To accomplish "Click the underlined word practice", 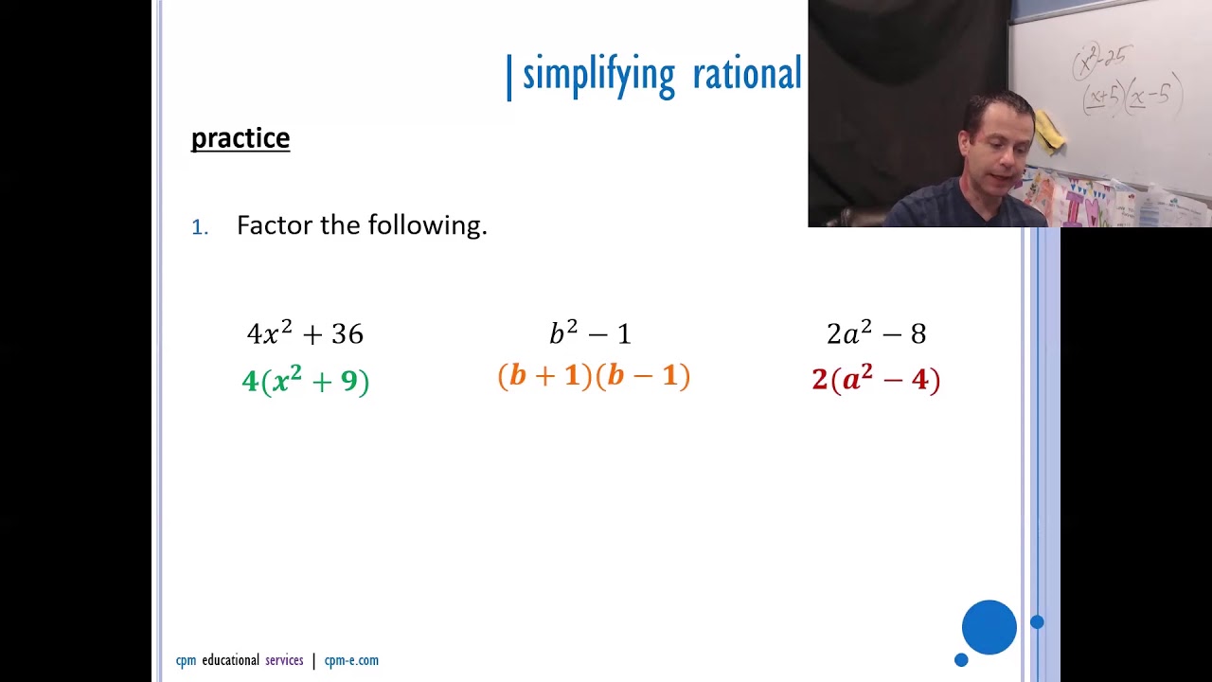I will click(x=241, y=138).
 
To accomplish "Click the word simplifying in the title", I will click(x=598, y=74).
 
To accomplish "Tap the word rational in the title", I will click(x=747, y=74).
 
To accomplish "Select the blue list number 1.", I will click(x=199, y=227).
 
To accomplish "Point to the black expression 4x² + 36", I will click(x=305, y=333).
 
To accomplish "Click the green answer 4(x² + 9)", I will click(x=305, y=381).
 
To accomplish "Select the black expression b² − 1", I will click(x=590, y=333).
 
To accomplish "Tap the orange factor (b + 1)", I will click(x=544, y=377).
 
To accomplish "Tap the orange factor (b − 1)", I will click(x=643, y=377).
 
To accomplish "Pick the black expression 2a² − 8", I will click(x=876, y=333).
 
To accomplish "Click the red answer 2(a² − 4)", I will click(x=876, y=380).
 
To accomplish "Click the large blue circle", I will click(x=989, y=627).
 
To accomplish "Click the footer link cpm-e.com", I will click(x=351, y=661).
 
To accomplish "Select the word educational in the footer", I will click(x=230, y=661).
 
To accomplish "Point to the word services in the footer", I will click(x=284, y=661).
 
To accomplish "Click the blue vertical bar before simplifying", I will click(x=509, y=76).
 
